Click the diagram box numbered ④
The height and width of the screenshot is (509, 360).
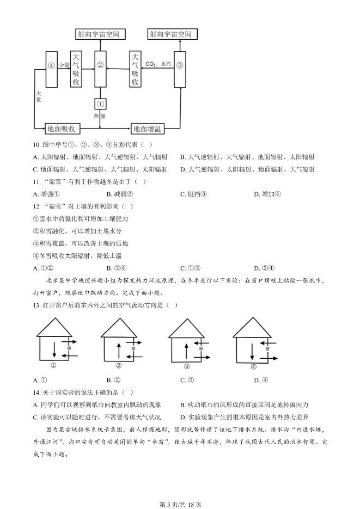(52, 69)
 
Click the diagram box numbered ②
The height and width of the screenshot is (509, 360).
(100, 69)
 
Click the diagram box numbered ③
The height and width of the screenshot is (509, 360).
(180, 69)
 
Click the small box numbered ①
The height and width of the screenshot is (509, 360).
(100, 103)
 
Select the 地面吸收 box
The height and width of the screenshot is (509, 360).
(63, 129)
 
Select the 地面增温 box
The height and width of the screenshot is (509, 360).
(148, 129)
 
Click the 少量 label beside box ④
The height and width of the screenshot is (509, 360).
(64, 65)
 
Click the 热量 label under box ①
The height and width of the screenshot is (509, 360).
(100, 115)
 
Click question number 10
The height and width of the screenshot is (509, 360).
(37, 145)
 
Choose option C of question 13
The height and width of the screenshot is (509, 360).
(187, 380)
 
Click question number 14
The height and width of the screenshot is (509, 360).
(37, 392)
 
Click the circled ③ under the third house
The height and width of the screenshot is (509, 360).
(187, 366)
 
